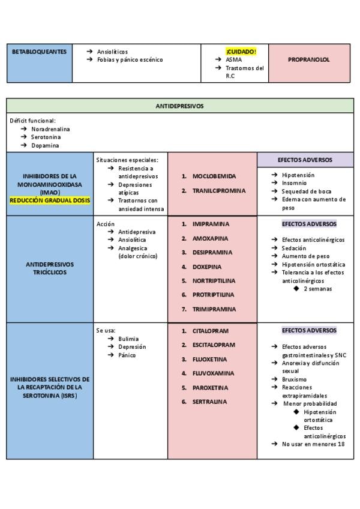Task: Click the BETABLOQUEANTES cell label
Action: [x=39, y=52]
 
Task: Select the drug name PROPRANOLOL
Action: [x=308, y=61]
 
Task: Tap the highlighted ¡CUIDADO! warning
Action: [x=241, y=52]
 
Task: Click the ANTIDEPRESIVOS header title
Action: [x=179, y=106]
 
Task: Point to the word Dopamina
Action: [x=45, y=145]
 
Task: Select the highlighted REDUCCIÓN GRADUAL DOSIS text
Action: [x=50, y=201]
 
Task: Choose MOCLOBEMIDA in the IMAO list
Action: [x=214, y=176]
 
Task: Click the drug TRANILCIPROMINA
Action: [x=219, y=191]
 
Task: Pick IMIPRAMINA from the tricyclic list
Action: [x=211, y=224]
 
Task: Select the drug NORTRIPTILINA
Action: [x=214, y=281]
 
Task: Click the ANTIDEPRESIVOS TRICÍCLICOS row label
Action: [x=50, y=268]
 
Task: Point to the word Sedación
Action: [x=295, y=248]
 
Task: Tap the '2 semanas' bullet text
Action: [x=317, y=289]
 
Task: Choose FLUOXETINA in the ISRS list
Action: [x=210, y=360]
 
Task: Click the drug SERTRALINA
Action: [x=209, y=402]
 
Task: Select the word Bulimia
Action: [x=128, y=339]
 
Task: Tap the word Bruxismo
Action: [x=294, y=379]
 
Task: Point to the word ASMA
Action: [x=234, y=59]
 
